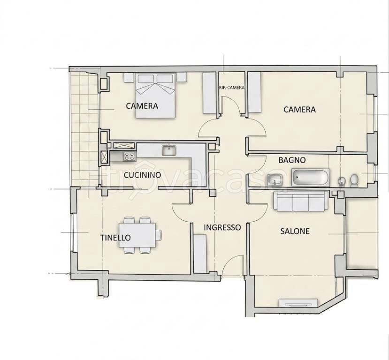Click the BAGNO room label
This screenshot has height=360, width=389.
292,160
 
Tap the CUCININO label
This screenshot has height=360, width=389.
142,175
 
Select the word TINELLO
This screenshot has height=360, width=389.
115,238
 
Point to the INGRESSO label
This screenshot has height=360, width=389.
222,227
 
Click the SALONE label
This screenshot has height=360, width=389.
295,231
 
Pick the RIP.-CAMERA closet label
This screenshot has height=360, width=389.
232,88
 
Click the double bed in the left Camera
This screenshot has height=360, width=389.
155,95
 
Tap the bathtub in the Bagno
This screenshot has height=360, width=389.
311,177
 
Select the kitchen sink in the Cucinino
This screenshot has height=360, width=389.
169,150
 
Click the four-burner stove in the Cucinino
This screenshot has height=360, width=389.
130,156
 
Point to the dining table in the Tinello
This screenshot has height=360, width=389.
137,235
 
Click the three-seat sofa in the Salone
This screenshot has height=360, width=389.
301,201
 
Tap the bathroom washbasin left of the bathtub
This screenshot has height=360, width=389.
275,180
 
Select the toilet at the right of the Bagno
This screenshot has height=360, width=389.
354,180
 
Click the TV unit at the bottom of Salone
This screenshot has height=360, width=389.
298,303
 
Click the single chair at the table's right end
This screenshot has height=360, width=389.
159,235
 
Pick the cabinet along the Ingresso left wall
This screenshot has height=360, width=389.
200,254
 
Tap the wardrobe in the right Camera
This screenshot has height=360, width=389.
255,93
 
